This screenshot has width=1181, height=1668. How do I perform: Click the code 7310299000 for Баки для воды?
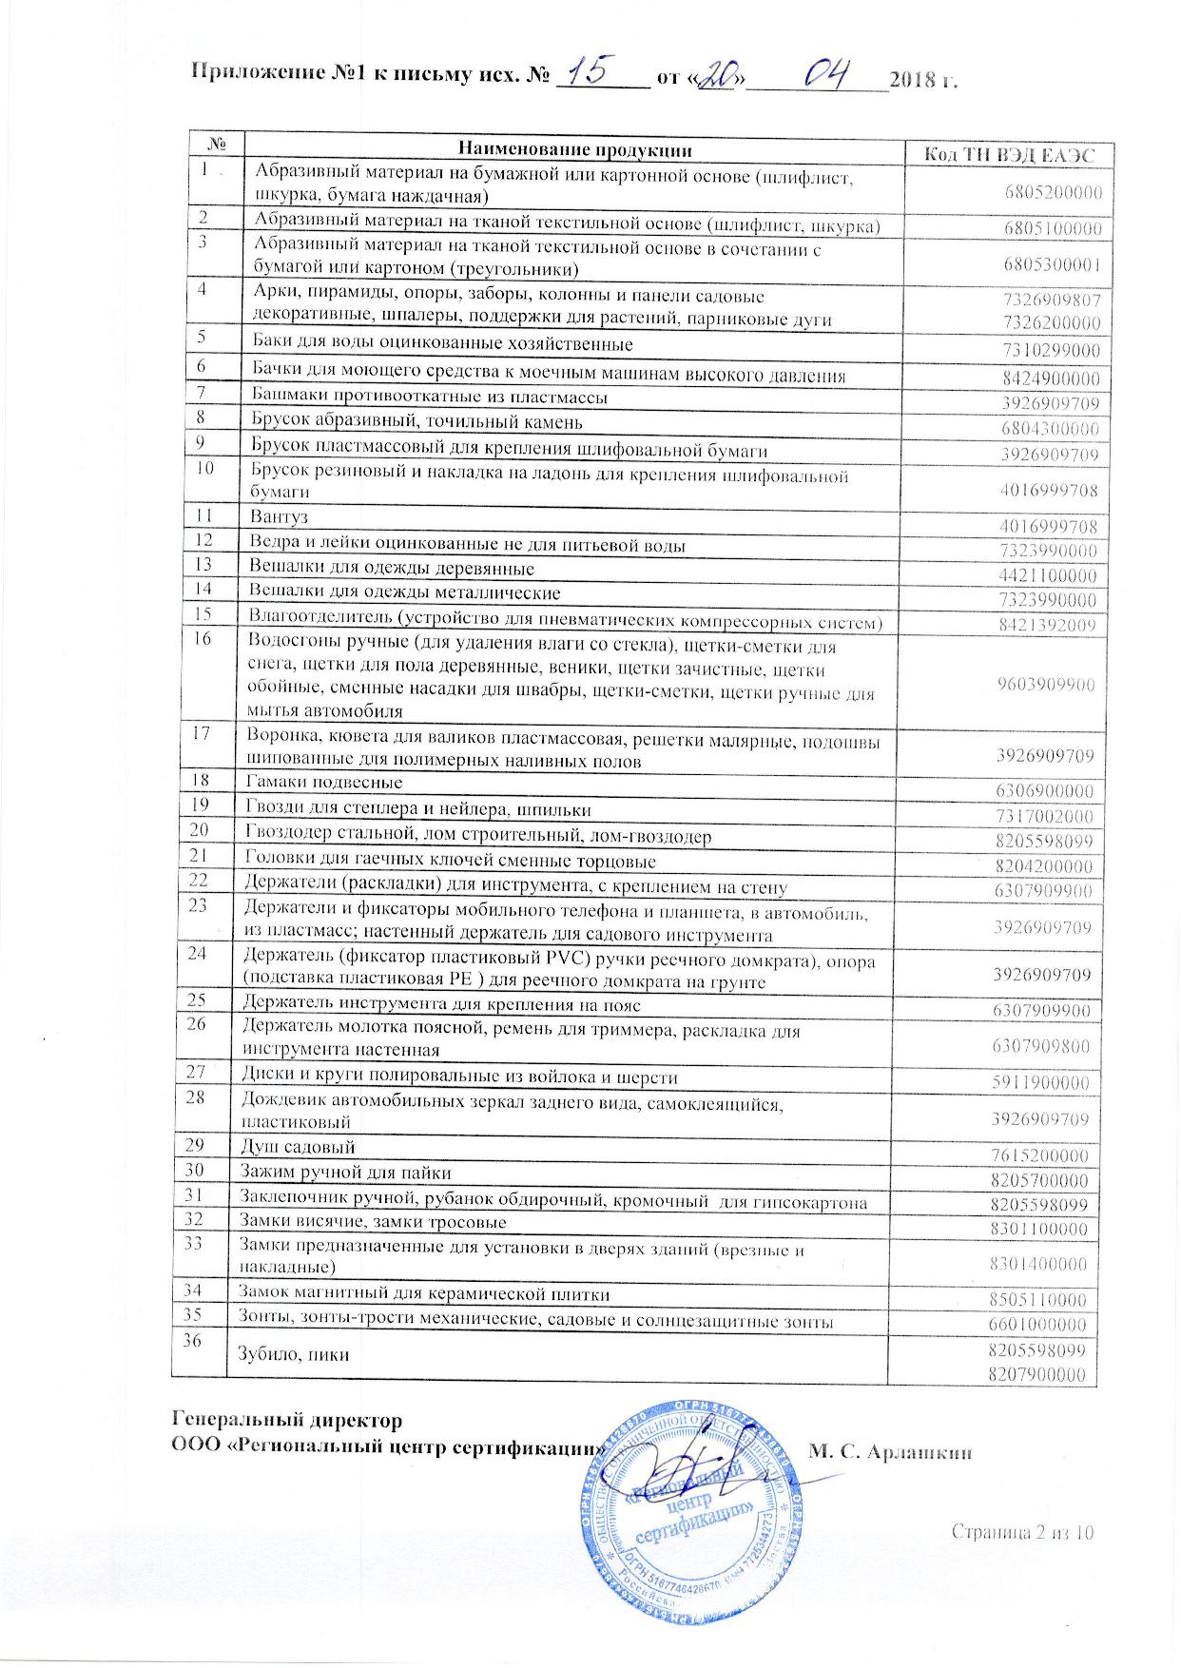(x=1050, y=351)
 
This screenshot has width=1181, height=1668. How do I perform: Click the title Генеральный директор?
(x=286, y=1420)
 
